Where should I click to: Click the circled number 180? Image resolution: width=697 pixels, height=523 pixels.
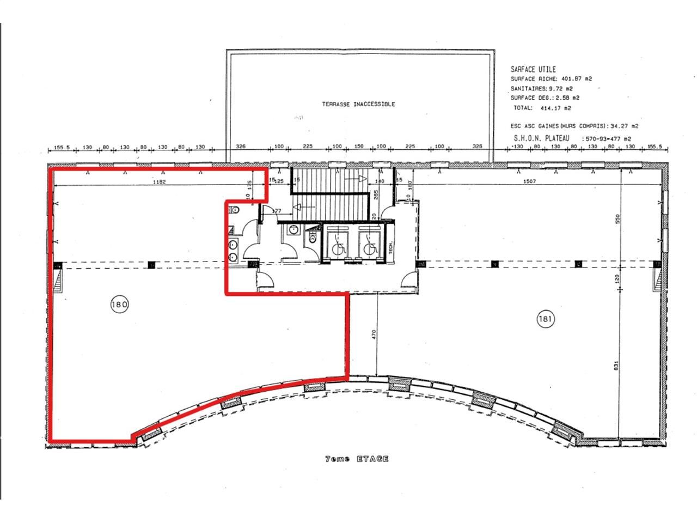119,304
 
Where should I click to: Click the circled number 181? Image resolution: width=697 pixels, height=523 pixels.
546,319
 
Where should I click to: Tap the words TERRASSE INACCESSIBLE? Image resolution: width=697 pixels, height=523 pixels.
358,104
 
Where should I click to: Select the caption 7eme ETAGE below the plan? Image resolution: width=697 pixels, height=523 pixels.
357,459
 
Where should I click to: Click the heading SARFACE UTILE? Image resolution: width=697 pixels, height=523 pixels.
533,69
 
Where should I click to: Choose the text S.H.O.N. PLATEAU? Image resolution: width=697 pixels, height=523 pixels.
541,139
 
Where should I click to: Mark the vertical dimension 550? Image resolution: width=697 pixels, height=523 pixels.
617,219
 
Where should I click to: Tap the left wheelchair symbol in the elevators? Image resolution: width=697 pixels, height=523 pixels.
338,247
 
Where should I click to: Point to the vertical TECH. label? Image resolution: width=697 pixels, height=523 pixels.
392,247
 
